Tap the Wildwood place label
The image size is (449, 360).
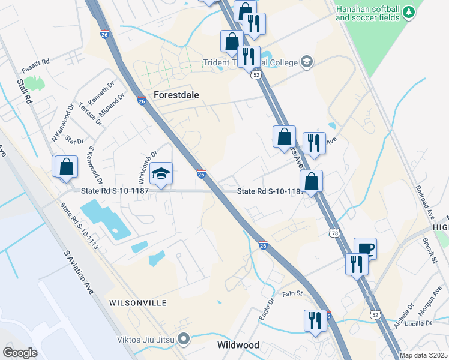(238, 345)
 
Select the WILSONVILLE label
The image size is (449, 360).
(137, 303)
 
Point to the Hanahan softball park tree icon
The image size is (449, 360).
(408, 12)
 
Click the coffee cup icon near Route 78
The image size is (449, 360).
(365, 247)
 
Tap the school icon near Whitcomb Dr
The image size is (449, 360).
(161, 173)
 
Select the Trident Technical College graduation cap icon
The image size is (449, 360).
(307, 62)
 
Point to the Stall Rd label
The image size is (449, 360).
(24, 91)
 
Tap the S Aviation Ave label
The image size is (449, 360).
(79, 272)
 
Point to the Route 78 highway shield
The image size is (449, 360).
(334, 232)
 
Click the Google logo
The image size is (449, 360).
(20, 352)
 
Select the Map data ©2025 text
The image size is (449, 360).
(424, 355)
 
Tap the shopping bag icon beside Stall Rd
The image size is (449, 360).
(67, 167)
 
